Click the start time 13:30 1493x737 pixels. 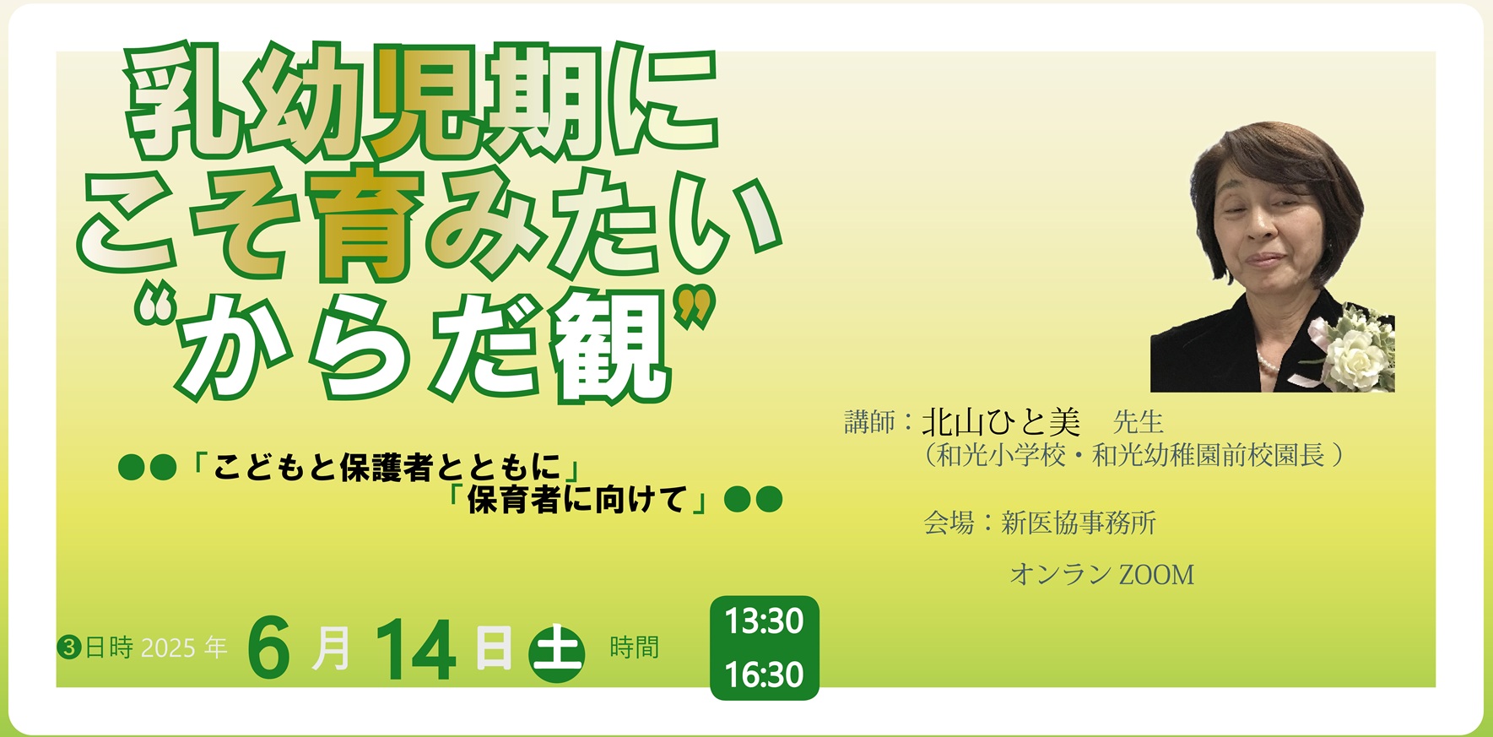point(764,621)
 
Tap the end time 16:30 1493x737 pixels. point(764,675)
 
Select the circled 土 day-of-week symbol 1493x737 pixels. point(556,652)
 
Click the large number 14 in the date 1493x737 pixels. point(416,649)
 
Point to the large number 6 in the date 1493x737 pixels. point(269,649)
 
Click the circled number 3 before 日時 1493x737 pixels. point(69,648)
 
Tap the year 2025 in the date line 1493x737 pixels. point(168,648)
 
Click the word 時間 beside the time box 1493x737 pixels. point(634,648)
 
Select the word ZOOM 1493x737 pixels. point(1156,575)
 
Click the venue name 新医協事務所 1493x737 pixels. point(1079,523)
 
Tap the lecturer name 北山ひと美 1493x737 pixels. point(1001,421)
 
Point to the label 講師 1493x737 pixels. point(869,422)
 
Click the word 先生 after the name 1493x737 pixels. point(1139,422)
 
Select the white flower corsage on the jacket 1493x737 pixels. point(1354,348)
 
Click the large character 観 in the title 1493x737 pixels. point(609,346)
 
